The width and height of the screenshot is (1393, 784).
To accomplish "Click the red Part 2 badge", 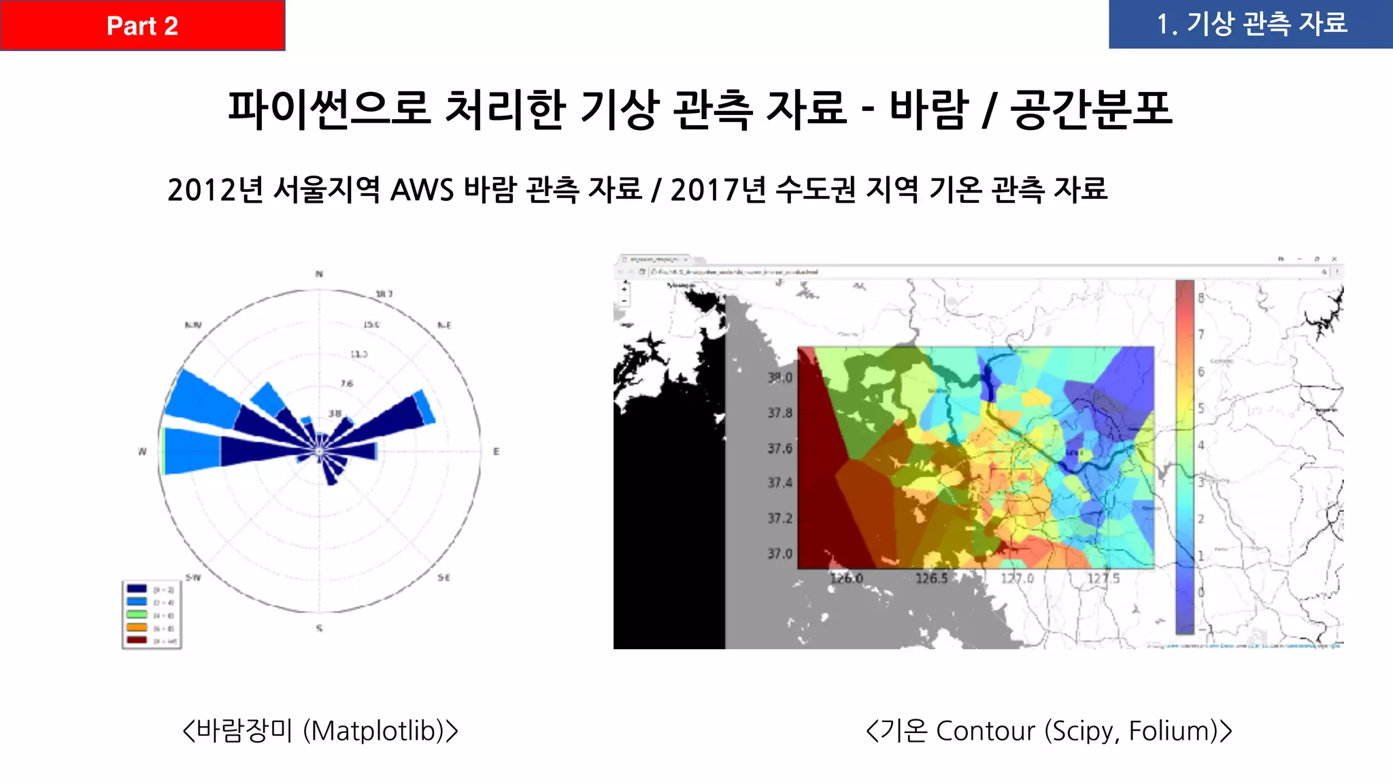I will [142, 25].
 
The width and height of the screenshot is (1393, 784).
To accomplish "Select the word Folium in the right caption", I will [1172, 731].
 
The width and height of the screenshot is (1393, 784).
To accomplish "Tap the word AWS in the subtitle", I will [422, 190].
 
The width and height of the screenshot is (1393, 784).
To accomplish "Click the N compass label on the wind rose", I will [319, 274].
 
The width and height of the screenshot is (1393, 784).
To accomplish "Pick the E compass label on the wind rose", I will [497, 451].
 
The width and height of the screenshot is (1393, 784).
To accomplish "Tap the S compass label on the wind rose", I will [319, 628].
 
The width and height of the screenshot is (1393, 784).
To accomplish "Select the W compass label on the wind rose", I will [142, 451].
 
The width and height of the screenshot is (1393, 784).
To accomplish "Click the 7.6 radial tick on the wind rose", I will [347, 384].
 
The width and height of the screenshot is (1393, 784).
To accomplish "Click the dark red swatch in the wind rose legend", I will [137, 640].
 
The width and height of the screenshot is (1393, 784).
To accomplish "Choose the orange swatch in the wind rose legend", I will [137, 627].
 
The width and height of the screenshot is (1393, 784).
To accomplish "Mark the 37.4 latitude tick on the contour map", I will [780, 483].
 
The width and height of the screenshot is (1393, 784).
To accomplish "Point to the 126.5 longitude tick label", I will [931, 578].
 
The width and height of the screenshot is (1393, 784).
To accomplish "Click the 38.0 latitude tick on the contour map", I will [780, 377].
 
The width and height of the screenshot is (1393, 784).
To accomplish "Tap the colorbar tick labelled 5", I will [1201, 408].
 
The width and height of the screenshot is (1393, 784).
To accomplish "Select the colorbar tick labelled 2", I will [1201, 519].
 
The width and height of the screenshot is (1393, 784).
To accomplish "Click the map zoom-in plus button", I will [624, 289].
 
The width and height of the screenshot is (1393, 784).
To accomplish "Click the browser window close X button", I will [1335, 259].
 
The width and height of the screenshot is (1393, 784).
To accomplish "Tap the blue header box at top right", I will [1251, 24].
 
